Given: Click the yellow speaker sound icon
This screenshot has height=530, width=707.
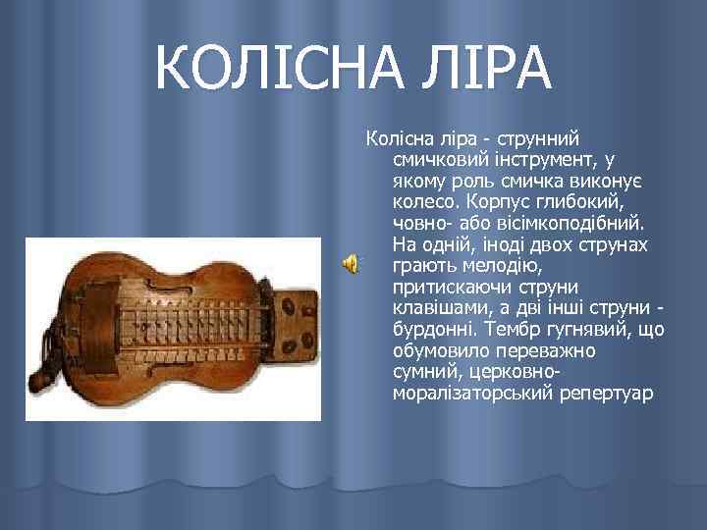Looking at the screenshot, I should [351, 262].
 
